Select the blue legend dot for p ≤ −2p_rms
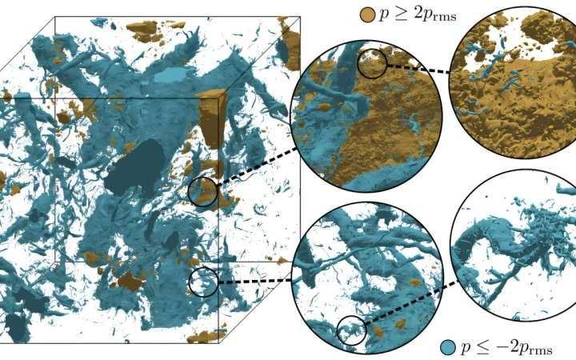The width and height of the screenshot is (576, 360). tap(449, 346)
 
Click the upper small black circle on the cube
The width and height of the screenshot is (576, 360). tap(202, 192)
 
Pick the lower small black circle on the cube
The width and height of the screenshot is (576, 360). tap(203, 282)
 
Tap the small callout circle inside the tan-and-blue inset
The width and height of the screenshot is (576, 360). tap(371, 63)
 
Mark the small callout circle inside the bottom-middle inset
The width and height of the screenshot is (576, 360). tap(350, 330)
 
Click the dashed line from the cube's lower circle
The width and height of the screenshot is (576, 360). tap(256, 281)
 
